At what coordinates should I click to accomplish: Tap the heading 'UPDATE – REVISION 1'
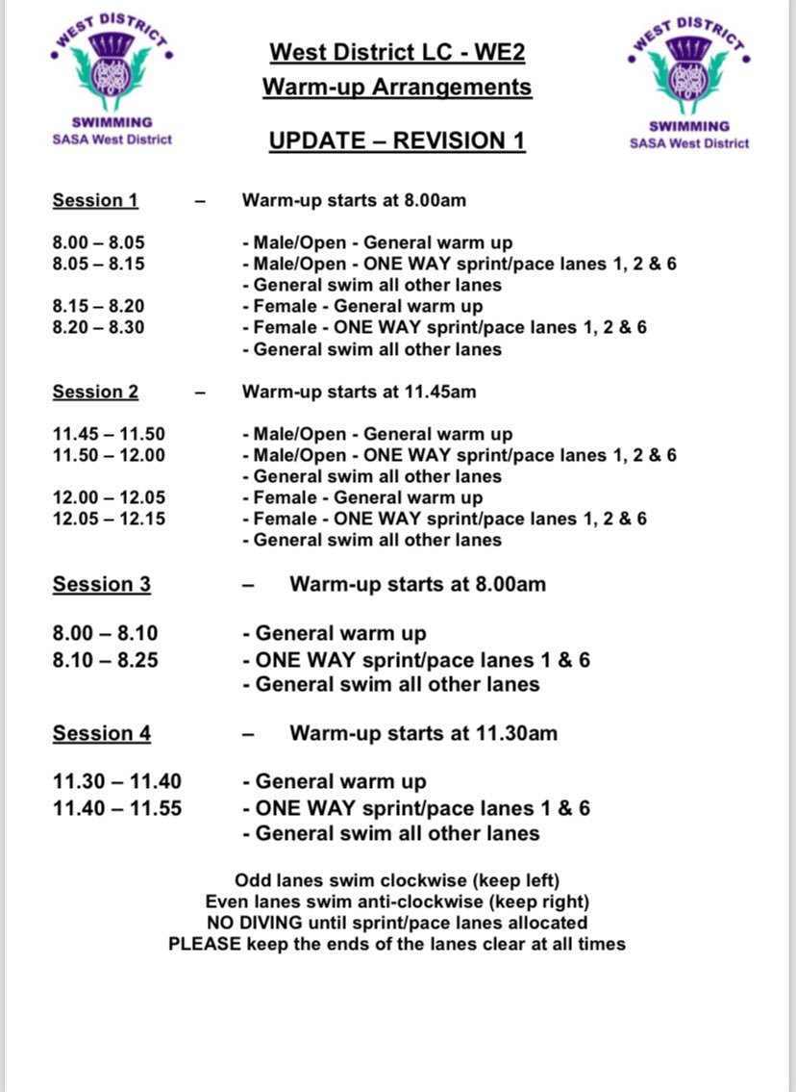(397, 141)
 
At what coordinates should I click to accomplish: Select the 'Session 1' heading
(95, 201)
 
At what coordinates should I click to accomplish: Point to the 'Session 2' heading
(95, 393)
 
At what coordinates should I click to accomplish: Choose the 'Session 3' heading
(101, 585)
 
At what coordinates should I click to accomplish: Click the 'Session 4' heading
(101, 733)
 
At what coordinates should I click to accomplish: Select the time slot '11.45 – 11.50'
(108, 434)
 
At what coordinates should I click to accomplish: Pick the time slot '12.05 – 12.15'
(108, 519)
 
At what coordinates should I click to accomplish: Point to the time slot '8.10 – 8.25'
(105, 660)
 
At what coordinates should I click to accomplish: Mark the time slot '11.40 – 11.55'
(116, 808)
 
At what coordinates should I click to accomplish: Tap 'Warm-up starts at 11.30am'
(423, 733)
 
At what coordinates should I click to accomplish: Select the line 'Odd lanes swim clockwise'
(397, 880)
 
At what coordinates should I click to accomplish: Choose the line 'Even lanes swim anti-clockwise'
(397, 902)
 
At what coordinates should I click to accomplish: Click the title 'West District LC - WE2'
(397, 52)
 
